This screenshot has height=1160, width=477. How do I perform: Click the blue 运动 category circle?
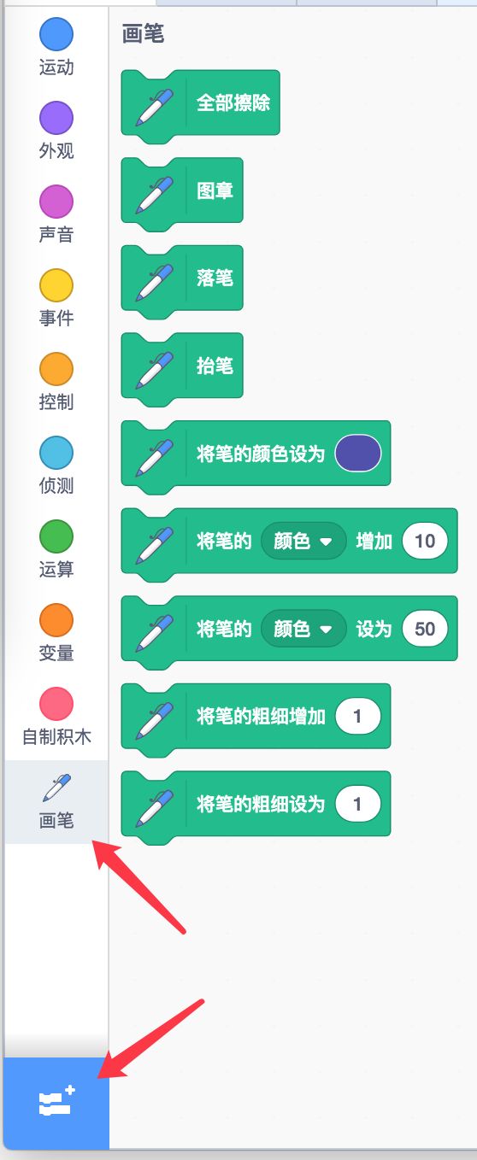(56, 34)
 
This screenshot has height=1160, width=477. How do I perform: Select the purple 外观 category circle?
(56, 118)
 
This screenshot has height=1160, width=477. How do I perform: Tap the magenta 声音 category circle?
(56, 202)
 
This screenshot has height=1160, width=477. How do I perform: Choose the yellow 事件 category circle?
(56, 285)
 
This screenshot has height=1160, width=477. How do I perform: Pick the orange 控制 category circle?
(56, 369)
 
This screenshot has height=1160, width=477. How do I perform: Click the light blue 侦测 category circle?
(56, 453)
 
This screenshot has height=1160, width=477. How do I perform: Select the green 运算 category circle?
(56, 536)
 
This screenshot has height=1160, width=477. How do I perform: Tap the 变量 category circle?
(56, 620)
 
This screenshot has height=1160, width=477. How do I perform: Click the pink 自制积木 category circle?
(56, 704)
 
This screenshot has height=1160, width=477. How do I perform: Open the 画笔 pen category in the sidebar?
(56, 801)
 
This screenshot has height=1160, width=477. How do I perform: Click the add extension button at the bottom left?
(56, 1103)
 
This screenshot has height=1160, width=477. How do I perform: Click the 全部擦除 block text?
(233, 103)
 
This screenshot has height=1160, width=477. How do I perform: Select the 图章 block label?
(215, 190)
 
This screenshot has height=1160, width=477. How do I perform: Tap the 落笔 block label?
(215, 278)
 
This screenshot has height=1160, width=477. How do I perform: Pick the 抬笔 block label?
(215, 366)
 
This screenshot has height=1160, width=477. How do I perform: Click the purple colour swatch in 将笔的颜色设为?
(357, 453)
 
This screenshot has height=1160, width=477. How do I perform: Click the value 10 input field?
(425, 542)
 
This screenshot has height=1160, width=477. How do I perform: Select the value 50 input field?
(425, 629)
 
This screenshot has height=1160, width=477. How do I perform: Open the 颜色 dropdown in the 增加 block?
(303, 542)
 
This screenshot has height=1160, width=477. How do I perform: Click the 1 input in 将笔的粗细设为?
(357, 804)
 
